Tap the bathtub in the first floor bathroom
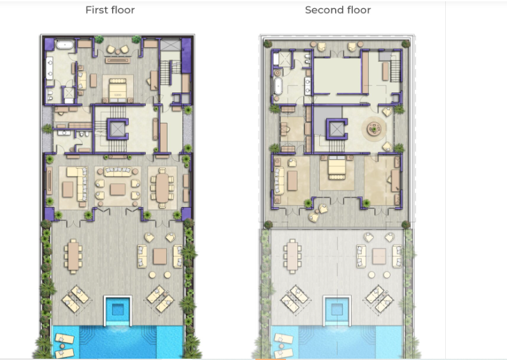point(66,45)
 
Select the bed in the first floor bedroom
point(118,90)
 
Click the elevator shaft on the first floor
point(117,129)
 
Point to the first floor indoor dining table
point(162,188)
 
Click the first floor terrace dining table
point(73,256)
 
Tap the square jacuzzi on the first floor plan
point(118,309)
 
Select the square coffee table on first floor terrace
point(160,256)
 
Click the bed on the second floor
point(336,167)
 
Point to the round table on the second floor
point(374,129)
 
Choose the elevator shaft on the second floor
point(336,129)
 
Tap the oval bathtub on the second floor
point(278,87)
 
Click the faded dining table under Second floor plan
point(292,257)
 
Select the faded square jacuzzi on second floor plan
point(337,310)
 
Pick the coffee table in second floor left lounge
point(292,180)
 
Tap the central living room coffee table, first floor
point(118,189)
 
